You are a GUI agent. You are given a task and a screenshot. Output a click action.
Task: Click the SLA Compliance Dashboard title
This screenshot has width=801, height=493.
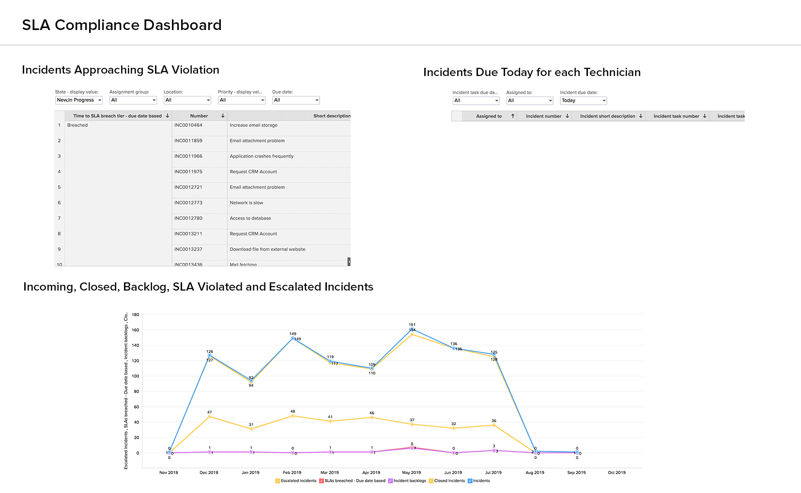click(122, 25)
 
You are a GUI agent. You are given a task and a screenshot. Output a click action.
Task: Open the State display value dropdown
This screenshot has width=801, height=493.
click(79, 100)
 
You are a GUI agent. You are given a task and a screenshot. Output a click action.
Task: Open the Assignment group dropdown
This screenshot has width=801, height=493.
click(133, 100)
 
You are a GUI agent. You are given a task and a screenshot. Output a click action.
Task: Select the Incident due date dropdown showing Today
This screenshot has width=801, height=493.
click(583, 101)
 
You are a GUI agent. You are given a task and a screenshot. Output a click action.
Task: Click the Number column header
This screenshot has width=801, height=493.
click(199, 116)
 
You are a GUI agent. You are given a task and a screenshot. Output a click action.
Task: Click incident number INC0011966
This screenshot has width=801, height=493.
click(188, 156)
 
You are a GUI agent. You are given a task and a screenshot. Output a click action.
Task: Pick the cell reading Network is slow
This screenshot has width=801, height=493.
click(246, 203)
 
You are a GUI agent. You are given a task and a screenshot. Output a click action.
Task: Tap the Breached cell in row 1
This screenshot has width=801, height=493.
click(77, 125)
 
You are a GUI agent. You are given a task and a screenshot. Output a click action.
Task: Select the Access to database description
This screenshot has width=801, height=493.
click(250, 218)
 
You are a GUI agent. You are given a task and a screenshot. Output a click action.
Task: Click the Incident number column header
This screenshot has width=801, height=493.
click(543, 116)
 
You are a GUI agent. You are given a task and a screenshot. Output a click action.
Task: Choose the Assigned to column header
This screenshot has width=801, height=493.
click(489, 116)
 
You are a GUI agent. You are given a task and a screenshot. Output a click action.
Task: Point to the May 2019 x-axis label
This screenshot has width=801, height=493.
click(412, 473)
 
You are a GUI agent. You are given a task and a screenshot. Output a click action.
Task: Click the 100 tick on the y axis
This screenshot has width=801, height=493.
click(136, 376)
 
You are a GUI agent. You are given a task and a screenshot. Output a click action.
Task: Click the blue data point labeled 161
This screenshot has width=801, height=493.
click(412, 329)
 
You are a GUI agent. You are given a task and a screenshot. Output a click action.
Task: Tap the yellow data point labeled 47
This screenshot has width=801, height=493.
click(210, 416)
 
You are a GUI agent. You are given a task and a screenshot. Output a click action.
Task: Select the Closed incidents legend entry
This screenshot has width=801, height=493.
click(449, 481)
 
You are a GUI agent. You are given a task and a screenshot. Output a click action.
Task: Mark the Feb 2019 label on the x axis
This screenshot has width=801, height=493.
click(292, 473)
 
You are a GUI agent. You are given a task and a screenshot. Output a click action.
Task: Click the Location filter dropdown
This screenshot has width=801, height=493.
click(187, 100)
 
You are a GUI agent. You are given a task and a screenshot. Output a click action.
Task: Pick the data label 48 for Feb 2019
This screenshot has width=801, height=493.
click(293, 412)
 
